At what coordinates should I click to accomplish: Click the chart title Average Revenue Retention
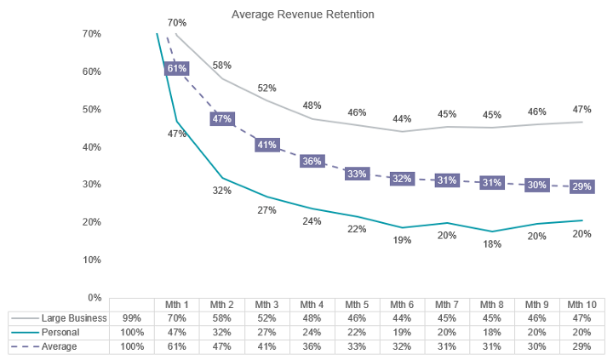pyautogui.click(x=303, y=14)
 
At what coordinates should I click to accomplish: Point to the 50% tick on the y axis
pyautogui.click(x=90, y=109)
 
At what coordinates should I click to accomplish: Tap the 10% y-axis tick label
pyautogui.click(x=90, y=260)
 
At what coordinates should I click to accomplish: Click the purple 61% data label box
pyautogui.click(x=177, y=69)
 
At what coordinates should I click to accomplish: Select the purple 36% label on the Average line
pyautogui.click(x=312, y=161)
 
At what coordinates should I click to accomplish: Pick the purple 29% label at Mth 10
pyautogui.click(x=581, y=186)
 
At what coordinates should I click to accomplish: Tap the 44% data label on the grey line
pyautogui.click(x=402, y=118)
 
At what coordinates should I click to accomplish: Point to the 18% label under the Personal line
pyautogui.click(x=492, y=245)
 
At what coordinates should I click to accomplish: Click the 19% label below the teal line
pyautogui.click(x=402, y=240)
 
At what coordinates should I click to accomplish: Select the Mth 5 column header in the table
pyautogui.click(x=357, y=305)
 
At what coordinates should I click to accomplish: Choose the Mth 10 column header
pyautogui.click(x=581, y=305)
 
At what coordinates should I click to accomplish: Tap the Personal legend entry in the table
pyautogui.click(x=60, y=333)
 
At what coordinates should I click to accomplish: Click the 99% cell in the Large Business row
pyautogui.click(x=131, y=318)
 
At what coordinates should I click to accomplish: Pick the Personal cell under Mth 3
pyautogui.click(x=266, y=333)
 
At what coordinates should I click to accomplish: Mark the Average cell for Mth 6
pyautogui.click(x=402, y=346)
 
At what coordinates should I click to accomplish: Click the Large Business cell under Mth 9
pyautogui.click(x=536, y=318)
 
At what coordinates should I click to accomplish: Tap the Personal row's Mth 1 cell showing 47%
pyautogui.click(x=176, y=333)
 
